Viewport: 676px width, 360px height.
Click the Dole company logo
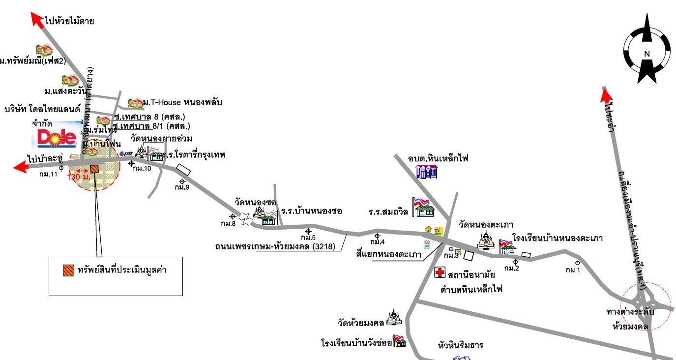(x=57, y=136)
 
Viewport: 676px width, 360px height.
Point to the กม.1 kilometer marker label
(x=573, y=270)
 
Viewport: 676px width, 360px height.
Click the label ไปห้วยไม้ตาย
(x=69, y=21)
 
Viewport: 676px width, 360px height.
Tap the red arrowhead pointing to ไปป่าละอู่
(x=20, y=167)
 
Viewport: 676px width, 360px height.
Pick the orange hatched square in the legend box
(x=68, y=270)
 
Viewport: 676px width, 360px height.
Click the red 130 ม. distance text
(x=79, y=177)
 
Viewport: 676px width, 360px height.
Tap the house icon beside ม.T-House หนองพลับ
(x=135, y=103)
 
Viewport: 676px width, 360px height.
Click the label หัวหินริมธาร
(x=460, y=345)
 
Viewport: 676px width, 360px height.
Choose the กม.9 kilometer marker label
(x=182, y=187)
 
